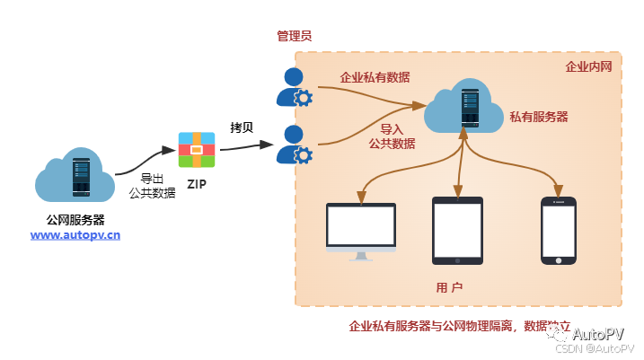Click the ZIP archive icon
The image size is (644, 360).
[196, 150]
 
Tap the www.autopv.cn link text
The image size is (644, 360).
[75, 235]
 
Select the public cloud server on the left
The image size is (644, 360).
[75, 175]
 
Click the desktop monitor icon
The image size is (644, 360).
[360, 231]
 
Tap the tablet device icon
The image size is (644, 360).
[457, 231]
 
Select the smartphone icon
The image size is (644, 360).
[558, 231]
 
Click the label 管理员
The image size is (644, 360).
[294, 36]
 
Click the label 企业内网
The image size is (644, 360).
[588, 66]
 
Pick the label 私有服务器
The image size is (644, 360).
[539, 117]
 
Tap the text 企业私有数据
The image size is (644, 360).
[375, 77]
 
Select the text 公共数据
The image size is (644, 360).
[392, 144]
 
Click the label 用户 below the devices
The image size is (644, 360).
[449, 287]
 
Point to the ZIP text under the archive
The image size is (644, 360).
[196, 184]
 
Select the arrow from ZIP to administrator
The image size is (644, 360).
[246, 146]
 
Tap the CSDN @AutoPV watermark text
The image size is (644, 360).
[594, 348]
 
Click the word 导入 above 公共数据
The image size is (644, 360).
[392, 128]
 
